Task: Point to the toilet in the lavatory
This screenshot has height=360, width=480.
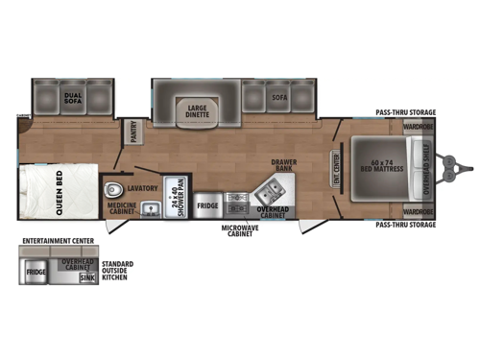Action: pyautogui.click(x=115, y=188)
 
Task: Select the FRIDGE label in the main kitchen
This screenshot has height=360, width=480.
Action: pyautogui.click(x=207, y=204)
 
